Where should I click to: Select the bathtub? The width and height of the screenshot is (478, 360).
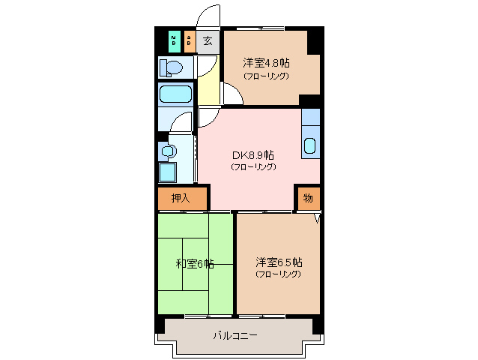(x=176, y=95)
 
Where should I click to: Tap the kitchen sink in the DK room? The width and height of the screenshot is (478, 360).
(x=310, y=145)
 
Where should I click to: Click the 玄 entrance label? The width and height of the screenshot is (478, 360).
(x=208, y=40)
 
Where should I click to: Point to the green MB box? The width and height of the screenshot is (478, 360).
(x=174, y=40)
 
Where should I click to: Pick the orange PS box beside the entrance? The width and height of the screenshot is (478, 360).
(x=189, y=40)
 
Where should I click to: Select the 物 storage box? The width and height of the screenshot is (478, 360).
(x=308, y=199)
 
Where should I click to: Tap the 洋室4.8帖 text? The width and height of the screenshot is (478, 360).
(x=265, y=63)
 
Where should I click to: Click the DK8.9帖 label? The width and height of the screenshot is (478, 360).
(x=253, y=154)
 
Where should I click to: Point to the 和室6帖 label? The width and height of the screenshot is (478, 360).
(x=195, y=263)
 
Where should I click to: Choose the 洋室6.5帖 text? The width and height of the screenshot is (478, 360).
(x=278, y=262)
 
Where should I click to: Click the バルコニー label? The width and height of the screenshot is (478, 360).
(x=235, y=335)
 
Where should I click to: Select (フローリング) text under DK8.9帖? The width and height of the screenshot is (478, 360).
(x=253, y=166)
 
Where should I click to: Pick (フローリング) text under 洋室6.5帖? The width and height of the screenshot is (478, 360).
(x=278, y=274)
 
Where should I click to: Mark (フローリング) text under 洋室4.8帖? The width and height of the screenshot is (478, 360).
(x=265, y=75)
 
